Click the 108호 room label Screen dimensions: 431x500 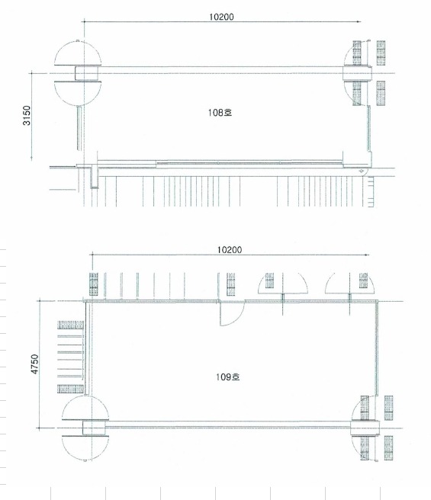pos(220,113)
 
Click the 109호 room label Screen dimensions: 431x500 pos(227,377)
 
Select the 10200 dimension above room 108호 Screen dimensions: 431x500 pos(221,17)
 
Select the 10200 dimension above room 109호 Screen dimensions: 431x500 pos(230,250)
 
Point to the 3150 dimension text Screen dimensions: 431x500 pos(27,115)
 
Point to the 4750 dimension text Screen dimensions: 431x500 pos(34,364)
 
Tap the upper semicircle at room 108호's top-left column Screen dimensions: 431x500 pos(78,53)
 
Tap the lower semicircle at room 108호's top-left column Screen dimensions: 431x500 pos(78,94)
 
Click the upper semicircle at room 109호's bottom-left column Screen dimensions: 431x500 pos(85,408)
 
